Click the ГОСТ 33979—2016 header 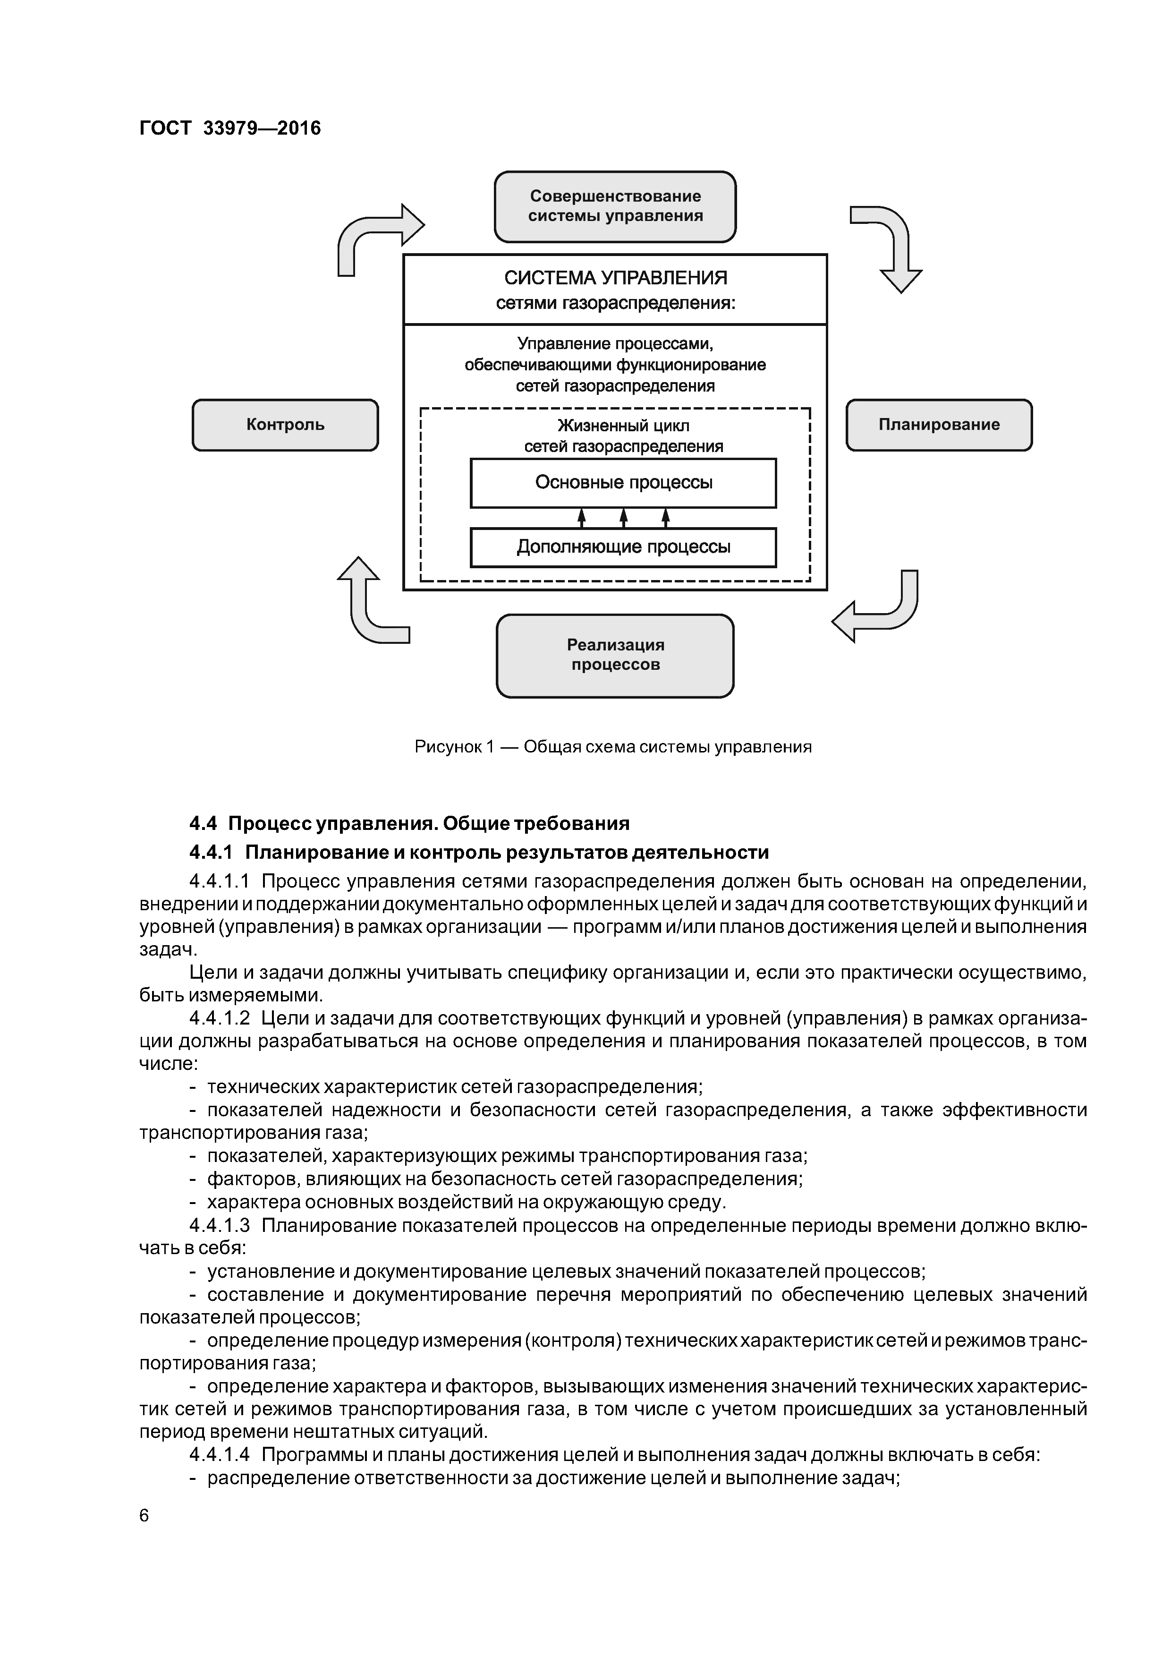click(229, 128)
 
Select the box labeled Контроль click(285, 425)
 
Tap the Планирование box click(939, 425)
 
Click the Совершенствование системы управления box click(615, 206)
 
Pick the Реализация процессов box click(615, 655)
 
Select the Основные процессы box click(623, 483)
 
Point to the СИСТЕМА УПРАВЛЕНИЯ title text click(615, 278)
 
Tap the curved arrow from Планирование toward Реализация click(880, 610)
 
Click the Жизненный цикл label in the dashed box click(623, 426)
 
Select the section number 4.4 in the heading click(203, 823)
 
